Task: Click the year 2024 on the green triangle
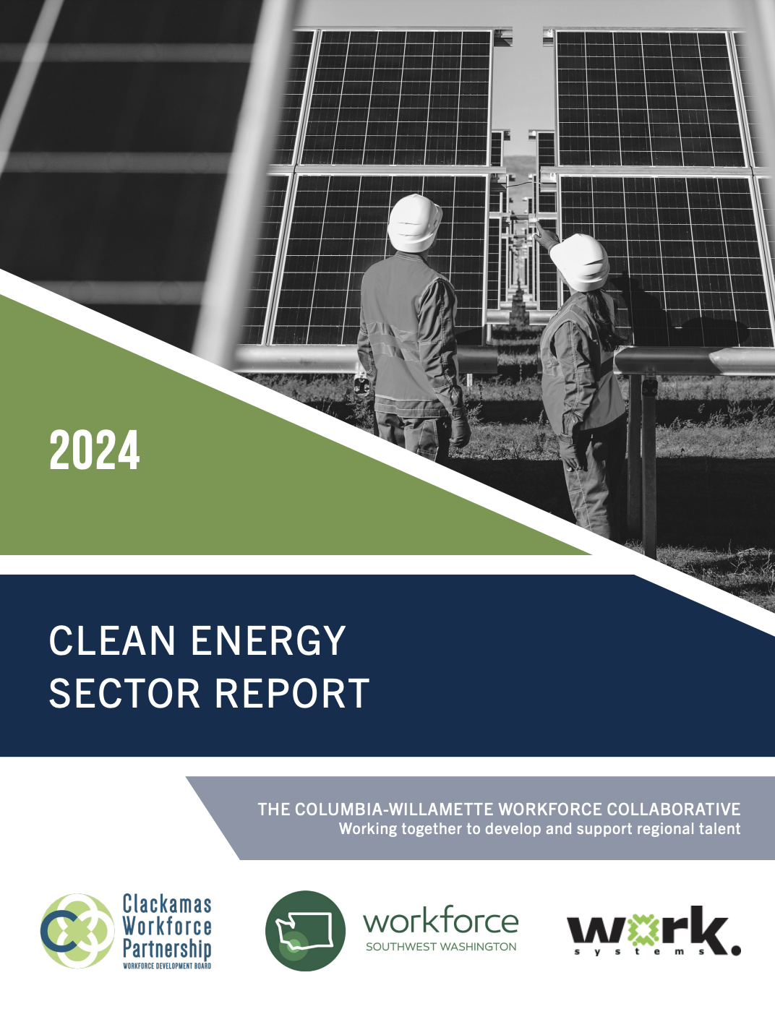click(95, 450)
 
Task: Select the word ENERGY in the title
click(268, 641)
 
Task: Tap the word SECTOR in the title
click(124, 693)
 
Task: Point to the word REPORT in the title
click(291, 693)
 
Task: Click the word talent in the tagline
click(718, 829)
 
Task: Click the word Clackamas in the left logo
click(167, 904)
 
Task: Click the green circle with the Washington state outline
click(305, 930)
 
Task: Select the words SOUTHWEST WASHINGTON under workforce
click(441, 947)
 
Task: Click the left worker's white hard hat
click(414, 223)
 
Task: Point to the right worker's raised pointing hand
click(546, 236)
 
